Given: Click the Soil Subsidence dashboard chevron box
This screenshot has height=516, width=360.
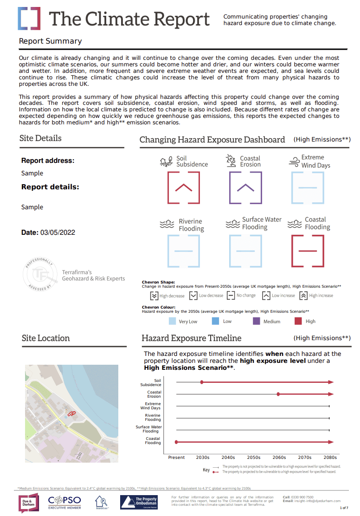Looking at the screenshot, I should [x=183, y=187].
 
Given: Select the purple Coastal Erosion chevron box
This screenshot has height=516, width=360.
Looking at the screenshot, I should [x=245, y=187].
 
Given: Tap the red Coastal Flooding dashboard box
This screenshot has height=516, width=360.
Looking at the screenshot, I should [x=308, y=251].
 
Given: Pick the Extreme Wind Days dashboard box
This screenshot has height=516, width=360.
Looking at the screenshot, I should [x=308, y=187].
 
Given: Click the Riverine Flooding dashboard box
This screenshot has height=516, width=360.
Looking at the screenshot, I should [x=183, y=251].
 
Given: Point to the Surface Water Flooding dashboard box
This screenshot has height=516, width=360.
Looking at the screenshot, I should [x=245, y=251].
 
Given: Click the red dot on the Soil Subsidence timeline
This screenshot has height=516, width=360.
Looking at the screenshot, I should [x=202, y=382].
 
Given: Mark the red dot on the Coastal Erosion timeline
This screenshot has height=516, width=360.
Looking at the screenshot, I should [x=278, y=394].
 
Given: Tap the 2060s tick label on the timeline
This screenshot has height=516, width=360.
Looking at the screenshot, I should [x=279, y=458].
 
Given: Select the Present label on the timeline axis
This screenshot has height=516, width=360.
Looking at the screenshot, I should [x=176, y=458].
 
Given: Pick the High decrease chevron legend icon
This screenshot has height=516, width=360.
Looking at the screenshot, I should [x=154, y=296].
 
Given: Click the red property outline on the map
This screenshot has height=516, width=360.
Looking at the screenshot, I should [x=71, y=412].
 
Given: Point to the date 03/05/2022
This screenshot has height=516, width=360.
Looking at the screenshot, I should [x=58, y=232].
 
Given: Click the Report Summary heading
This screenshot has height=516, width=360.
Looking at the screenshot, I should [x=50, y=41].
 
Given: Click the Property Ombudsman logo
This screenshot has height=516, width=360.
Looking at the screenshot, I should [x=138, y=503].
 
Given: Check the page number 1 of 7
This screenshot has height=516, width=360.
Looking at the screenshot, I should [x=344, y=508].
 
